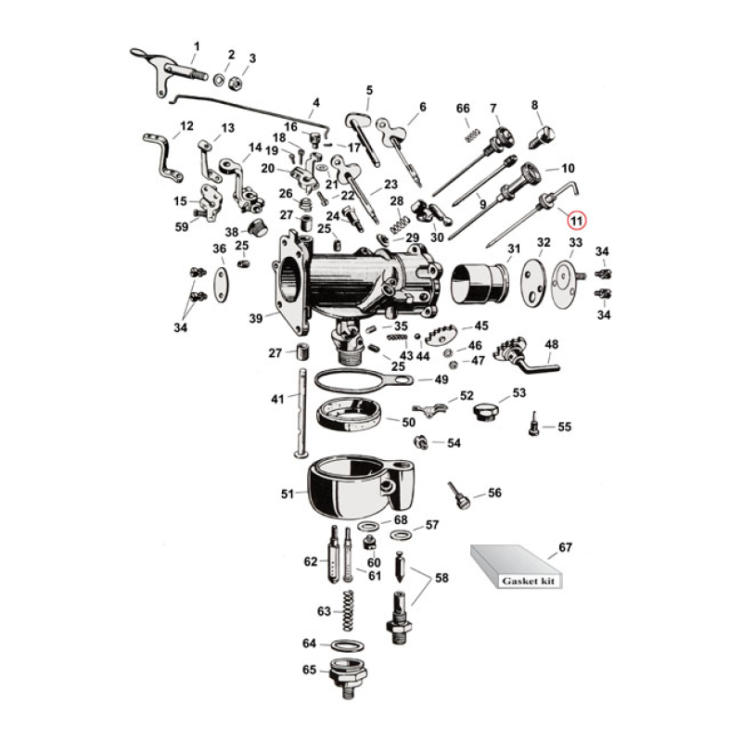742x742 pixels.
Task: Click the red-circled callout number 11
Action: [577, 221]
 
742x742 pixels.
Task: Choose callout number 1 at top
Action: [196, 46]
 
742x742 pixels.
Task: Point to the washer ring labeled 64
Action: [347, 645]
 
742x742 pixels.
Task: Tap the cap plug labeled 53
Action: [485, 409]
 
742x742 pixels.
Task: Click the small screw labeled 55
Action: [535, 425]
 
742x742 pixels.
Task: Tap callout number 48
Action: [551, 344]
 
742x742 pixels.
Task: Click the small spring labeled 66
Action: [469, 135]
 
